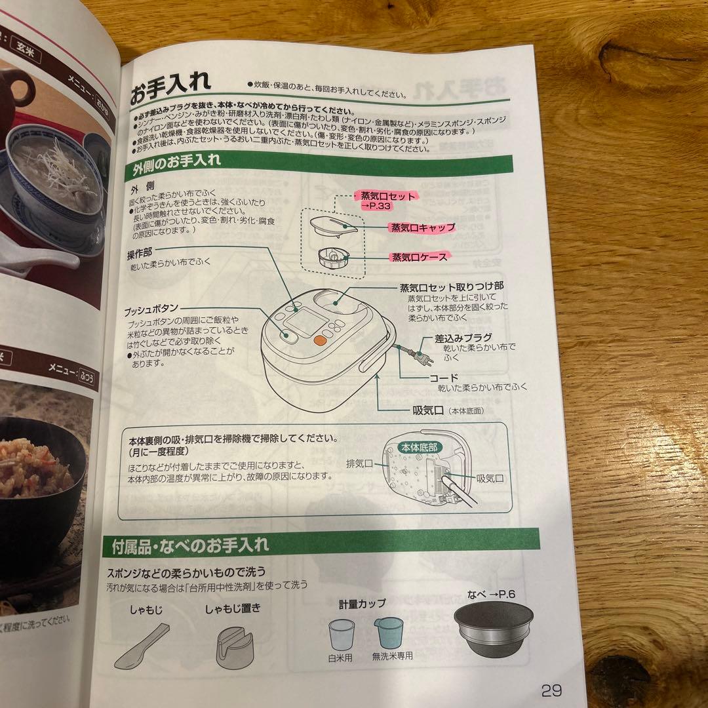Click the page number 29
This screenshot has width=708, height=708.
click(x=551, y=690)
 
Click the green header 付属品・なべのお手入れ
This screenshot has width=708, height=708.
click(x=190, y=544)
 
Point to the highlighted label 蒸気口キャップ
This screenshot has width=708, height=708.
click(x=422, y=227)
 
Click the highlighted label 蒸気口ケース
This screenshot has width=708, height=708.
click(x=419, y=257)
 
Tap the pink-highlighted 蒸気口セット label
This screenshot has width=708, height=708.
click(x=387, y=196)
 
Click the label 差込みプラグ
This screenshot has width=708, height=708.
click(x=463, y=338)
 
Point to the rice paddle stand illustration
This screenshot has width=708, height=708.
click(x=233, y=645)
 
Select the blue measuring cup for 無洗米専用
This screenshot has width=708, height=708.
click(x=387, y=633)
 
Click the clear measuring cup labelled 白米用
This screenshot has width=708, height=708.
click(x=341, y=634)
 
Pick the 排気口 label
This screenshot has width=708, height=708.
click(x=359, y=463)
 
